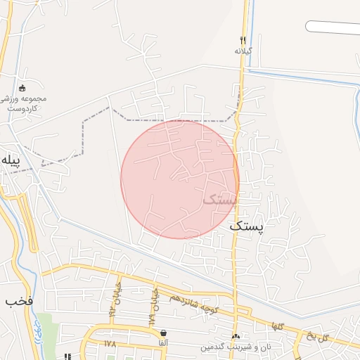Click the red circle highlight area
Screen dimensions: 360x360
[x=179, y=179]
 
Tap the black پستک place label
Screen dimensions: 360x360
[x=249, y=229]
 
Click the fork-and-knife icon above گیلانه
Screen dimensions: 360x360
[x=243, y=40]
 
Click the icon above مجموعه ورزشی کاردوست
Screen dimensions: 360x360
[x=22, y=88]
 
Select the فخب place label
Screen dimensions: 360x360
[x=19, y=302]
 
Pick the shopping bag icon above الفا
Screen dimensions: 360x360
[x=164, y=333]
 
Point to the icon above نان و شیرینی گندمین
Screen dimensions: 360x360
[x=235, y=337]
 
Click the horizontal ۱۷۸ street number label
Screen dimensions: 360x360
[x=110, y=344]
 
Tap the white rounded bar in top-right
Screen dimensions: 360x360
[x=333, y=27]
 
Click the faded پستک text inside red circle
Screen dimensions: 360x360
[x=219, y=200]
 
